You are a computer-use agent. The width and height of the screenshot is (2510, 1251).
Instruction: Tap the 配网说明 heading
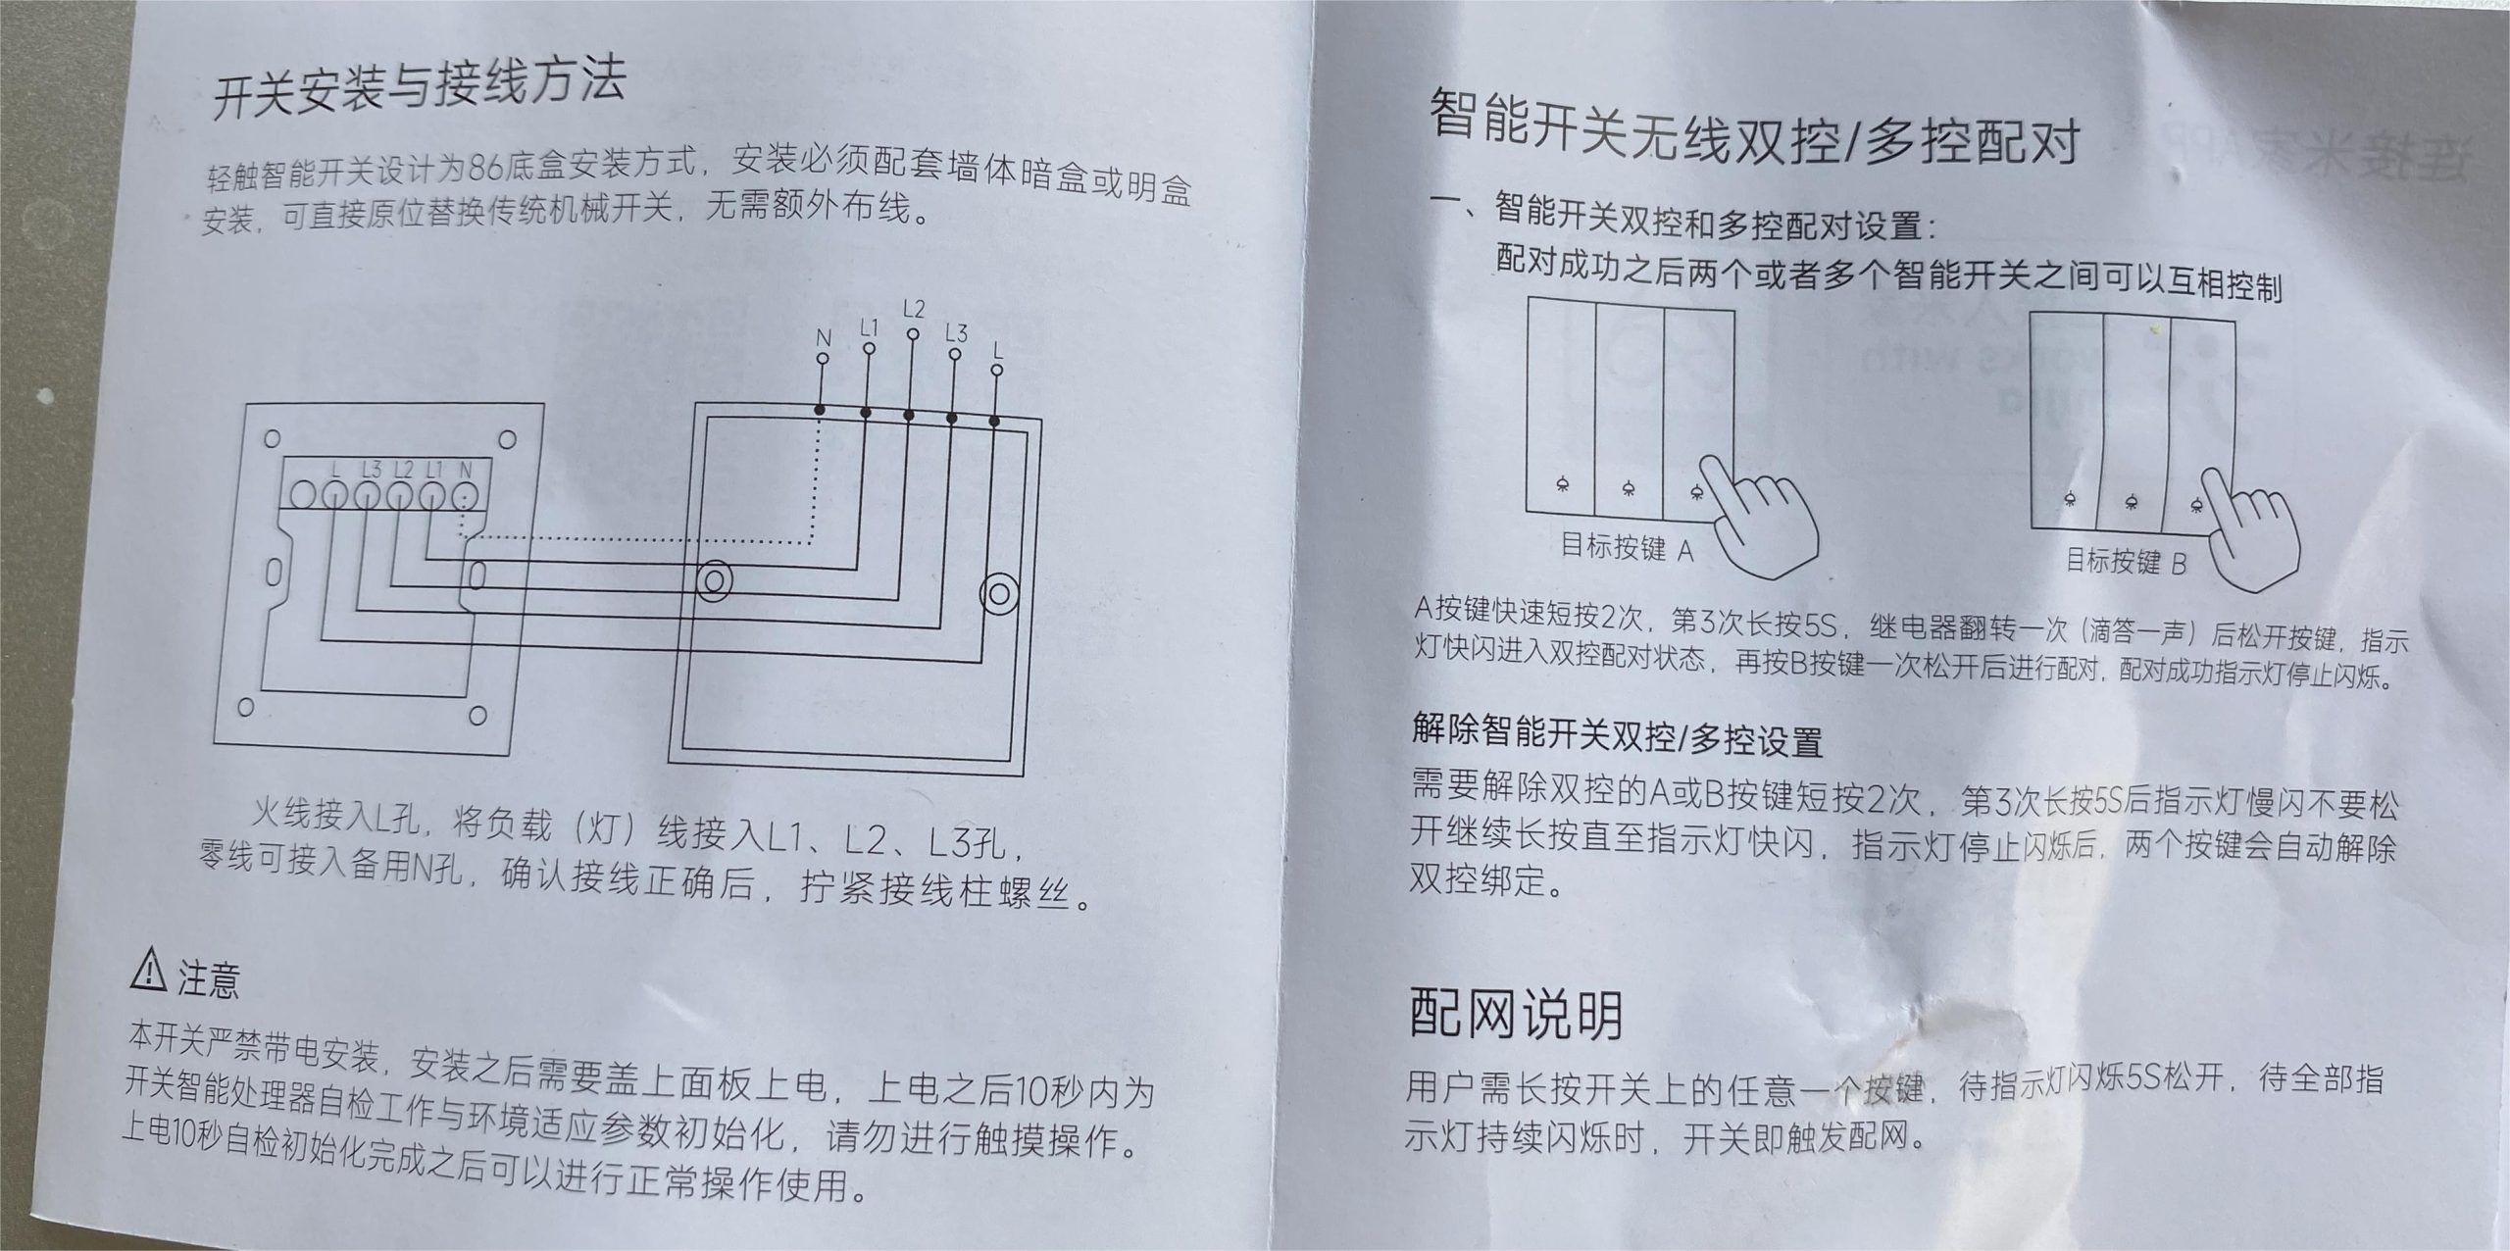click(1516, 1014)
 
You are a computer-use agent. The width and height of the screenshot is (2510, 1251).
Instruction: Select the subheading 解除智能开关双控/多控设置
click(1617, 734)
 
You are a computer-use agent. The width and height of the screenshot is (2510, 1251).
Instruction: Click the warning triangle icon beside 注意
click(148, 970)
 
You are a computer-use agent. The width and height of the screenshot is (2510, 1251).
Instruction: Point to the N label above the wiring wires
click(824, 338)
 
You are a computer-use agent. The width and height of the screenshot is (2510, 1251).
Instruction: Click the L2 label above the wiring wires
click(913, 310)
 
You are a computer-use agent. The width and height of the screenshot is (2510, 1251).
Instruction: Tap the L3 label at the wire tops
click(956, 333)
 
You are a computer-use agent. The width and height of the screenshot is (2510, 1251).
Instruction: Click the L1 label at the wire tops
click(869, 326)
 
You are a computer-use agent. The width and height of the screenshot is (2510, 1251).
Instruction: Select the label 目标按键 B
click(2126, 562)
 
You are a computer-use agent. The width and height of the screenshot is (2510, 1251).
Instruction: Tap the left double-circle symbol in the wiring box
click(714, 580)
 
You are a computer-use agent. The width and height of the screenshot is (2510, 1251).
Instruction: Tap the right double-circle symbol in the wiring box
click(999, 594)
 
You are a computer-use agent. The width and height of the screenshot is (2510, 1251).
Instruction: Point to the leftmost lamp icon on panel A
click(1560, 486)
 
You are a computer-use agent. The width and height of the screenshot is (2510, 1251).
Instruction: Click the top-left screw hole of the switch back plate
click(273, 438)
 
